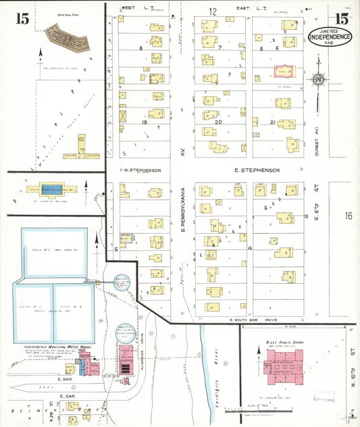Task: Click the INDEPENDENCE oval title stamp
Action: [x=330, y=36]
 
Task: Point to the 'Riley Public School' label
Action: [x=286, y=343]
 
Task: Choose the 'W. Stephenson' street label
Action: [x=141, y=171]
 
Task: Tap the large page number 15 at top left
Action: [x=22, y=18]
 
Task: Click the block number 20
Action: [x=217, y=122]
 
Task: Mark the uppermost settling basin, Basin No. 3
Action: [x=54, y=251]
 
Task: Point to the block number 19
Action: [x=144, y=122]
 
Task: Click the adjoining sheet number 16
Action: [x=347, y=216]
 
